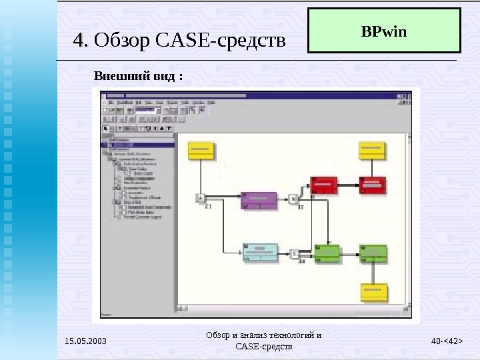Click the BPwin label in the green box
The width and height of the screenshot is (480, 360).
pyautogui.click(x=383, y=31)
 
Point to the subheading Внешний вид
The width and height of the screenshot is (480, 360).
pyautogui.click(x=138, y=75)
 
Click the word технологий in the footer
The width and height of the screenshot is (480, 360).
pyautogui.click(x=289, y=335)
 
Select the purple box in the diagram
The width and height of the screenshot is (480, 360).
pyautogui.click(x=259, y=199)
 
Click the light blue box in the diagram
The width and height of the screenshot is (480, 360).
pyautogui.click(x=259, y=252)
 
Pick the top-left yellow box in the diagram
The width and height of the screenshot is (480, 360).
pyautogui.click(x=201, y=150)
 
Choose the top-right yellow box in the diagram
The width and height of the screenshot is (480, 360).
pyautogui.click(x=373, y=150)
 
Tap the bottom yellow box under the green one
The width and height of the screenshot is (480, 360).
pyautogui.click(x=374, y=292)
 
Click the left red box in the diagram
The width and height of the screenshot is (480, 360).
pyautogui.click(x=324, y=185)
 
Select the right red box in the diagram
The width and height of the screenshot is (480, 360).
pyautogui.click(x=373, y=185)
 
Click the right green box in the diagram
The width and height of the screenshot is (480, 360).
pyautogui.click(x=373, y=253)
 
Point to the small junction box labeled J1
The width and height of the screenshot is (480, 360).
pyautogui.click(x=200, y=197)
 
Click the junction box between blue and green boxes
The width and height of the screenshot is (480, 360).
pyautogui.click(x=294, y=253)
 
